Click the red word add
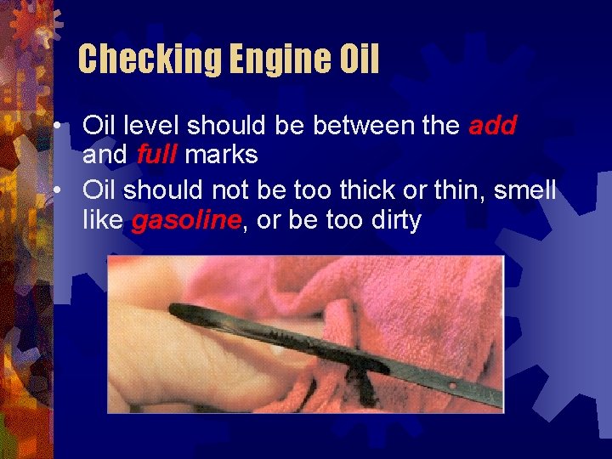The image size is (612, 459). click(x=493, y=126)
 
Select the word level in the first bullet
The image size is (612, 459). click(x=153, y=126)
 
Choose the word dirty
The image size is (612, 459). click(x=396, y=221)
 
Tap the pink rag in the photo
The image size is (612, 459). click(x=425, y=297)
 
